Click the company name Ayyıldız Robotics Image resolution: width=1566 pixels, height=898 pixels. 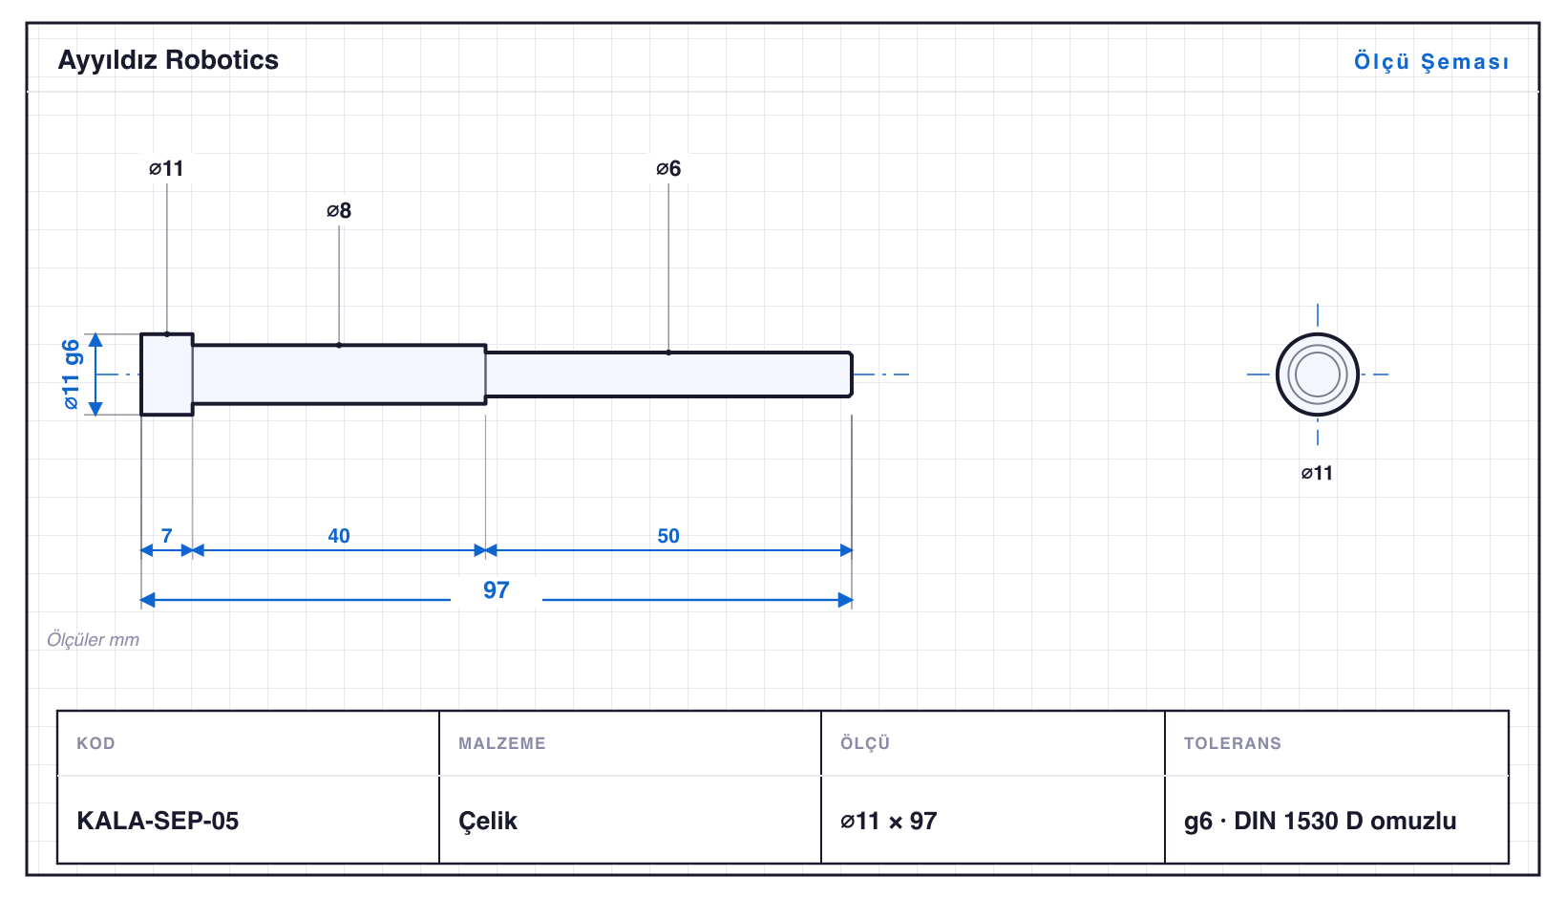(168, 60)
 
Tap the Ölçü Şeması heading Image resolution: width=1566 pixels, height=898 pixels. (1431, 61)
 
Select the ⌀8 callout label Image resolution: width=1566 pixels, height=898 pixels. (339, 210)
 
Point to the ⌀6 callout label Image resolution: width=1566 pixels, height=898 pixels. (668, 168)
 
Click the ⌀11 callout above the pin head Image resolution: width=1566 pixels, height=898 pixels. (166, 168)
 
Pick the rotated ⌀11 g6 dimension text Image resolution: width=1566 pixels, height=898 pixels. (72, 374)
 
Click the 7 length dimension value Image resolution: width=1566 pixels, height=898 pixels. (166, 536)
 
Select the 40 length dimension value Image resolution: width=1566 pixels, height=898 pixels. (339, 536)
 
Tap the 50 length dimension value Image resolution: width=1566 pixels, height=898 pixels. (668, 536)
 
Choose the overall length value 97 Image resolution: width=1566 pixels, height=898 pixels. (497, 590)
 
